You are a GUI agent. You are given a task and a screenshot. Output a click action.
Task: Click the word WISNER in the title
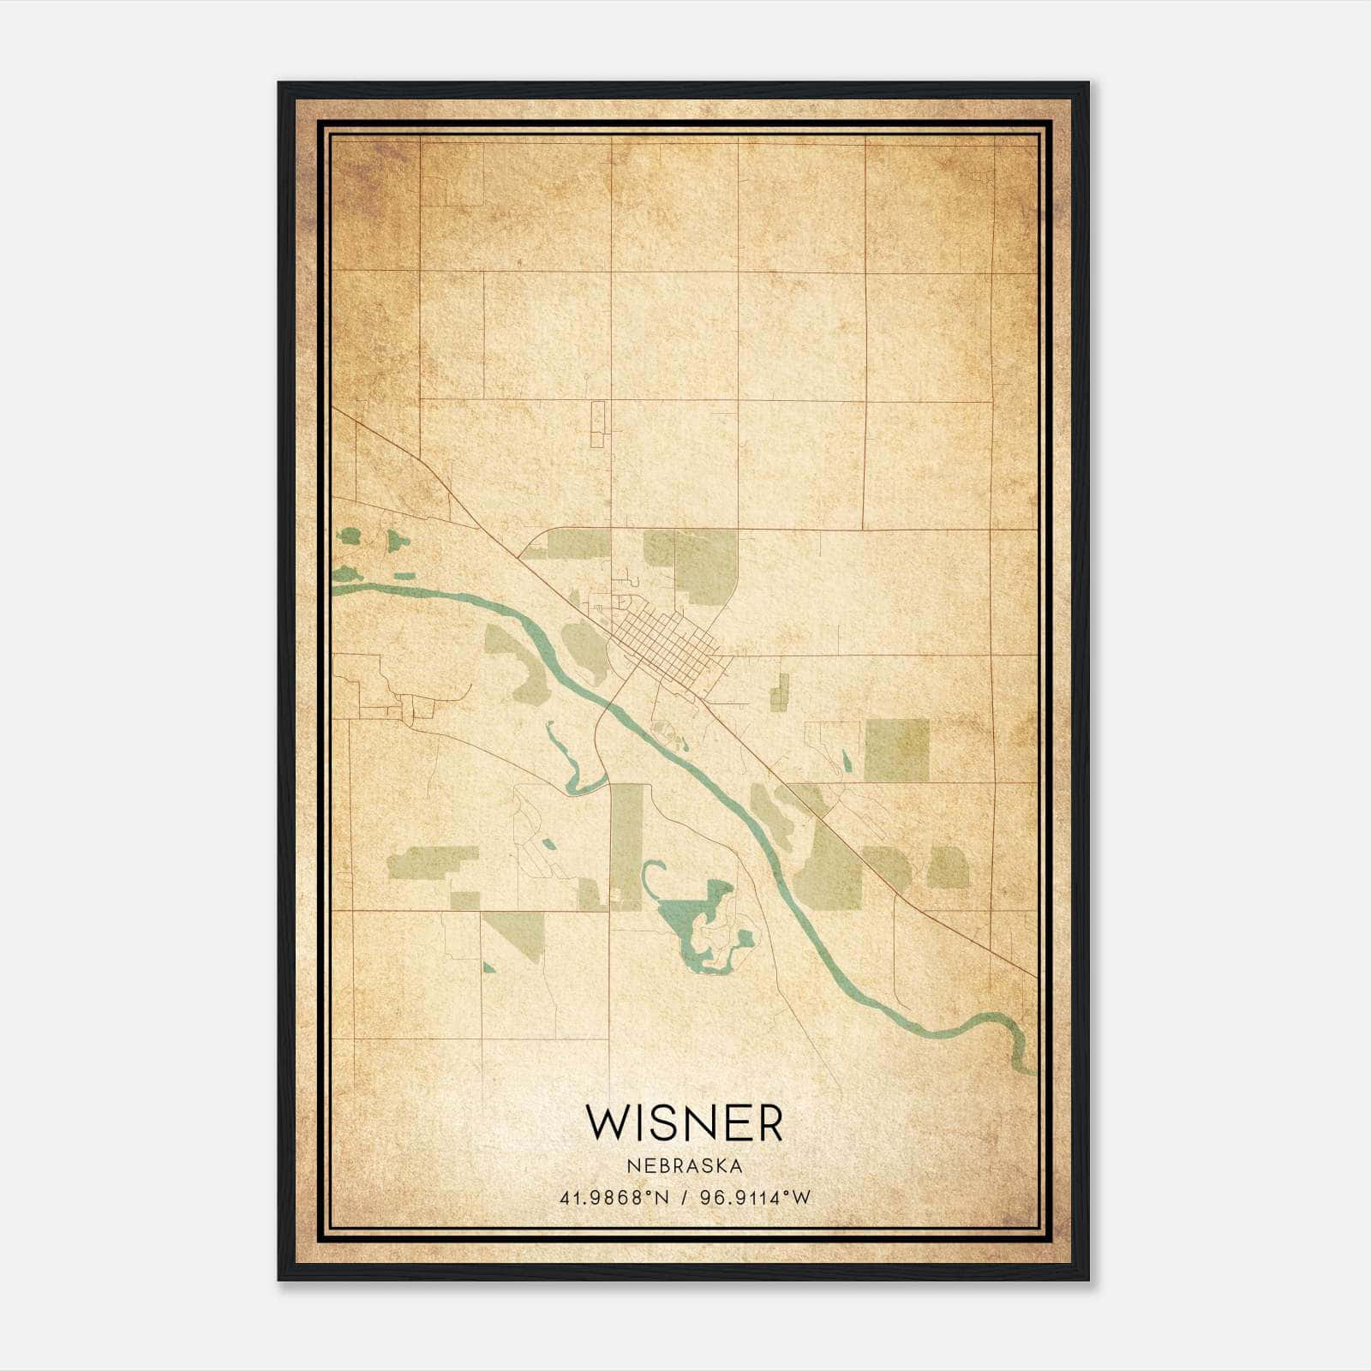coord(684,1123)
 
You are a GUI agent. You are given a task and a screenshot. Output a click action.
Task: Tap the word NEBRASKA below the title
coord(684,1166)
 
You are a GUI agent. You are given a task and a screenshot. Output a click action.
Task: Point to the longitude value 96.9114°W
coord(755,1198)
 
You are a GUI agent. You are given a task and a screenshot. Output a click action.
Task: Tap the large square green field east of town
coord(896,750)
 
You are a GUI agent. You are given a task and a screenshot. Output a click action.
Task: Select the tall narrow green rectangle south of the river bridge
coord(626,844)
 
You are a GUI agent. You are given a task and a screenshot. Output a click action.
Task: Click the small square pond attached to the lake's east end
coord(745,938)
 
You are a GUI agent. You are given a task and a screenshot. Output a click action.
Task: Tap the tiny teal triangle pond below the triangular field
coord(488,968)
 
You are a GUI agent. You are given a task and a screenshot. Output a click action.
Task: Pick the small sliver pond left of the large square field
coord(847,761)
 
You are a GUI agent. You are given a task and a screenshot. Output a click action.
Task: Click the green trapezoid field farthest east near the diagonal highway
coord(948,868)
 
